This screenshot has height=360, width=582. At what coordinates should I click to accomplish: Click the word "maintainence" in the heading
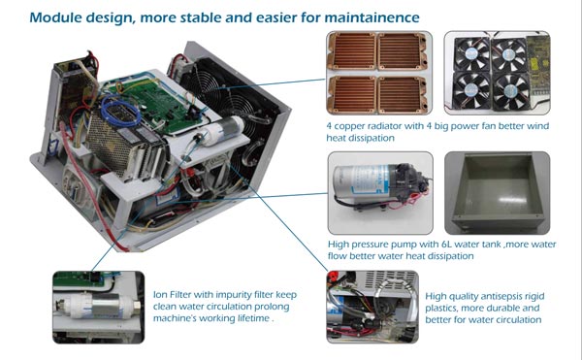point(372,17)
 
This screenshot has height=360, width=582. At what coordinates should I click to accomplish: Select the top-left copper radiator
point(352,50)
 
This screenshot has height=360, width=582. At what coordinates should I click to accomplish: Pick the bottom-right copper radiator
point(403,94)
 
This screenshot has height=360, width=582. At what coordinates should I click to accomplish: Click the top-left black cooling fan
point(471,54)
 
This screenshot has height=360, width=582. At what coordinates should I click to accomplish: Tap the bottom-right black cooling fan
point(511,91)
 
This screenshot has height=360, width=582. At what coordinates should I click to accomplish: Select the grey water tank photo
point(497,193)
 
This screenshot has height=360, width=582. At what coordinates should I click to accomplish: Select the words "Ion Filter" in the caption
point(173,295)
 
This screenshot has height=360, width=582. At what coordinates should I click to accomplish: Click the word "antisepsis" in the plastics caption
point(495,297)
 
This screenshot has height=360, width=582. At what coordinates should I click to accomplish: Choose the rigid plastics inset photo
point(372,307)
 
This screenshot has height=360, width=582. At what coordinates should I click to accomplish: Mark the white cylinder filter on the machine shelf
point(222,130)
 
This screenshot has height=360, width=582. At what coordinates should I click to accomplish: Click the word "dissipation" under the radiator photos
point(361,138)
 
